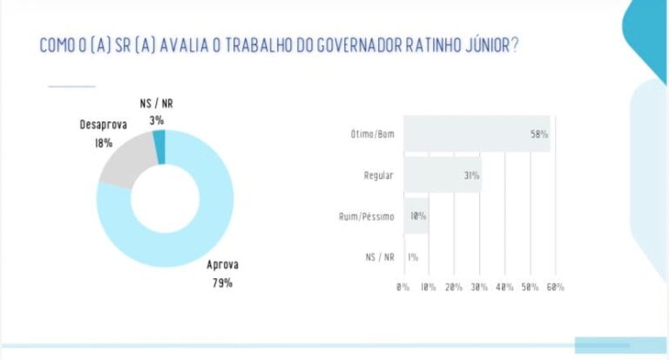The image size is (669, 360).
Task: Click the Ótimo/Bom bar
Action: point(477,133)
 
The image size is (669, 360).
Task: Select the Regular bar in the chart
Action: point(443,174)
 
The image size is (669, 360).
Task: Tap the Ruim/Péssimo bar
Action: point(416,215)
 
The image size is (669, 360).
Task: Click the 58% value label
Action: point(539,134)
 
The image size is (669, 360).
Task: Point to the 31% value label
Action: point(472,175)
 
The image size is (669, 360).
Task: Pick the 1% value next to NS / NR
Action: point(413,257)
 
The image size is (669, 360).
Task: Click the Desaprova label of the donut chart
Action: point(104,125)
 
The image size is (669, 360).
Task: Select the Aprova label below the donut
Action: point(222,265)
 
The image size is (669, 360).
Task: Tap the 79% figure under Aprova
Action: point(222,282)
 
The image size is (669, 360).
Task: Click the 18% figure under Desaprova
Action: point(104,143)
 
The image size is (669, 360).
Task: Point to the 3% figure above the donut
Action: point(157,121)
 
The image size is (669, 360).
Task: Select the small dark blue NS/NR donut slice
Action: point(159,146)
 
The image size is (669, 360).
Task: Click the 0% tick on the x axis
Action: point(402,287)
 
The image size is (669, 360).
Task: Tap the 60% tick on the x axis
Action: point(555,287)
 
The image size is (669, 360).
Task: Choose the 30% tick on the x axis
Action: point(479,287)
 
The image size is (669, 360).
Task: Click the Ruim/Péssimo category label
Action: point(367,216)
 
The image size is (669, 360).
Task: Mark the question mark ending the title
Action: point(515,44)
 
